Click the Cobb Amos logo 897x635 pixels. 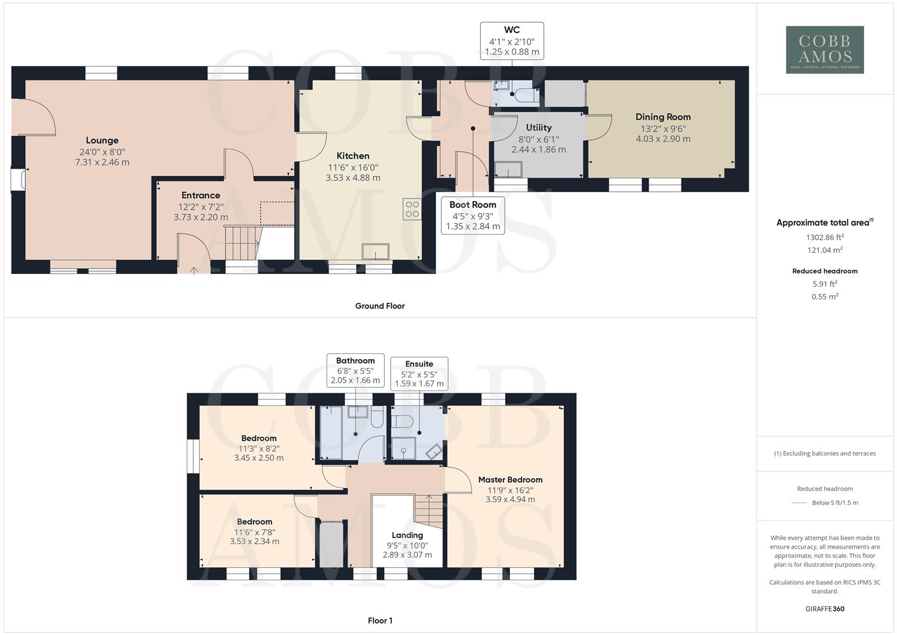click(x=825, y=49)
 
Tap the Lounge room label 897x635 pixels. click(x=102, y=141)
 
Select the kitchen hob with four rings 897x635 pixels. click(x=412, y=209)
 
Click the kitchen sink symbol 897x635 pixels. click(x=375, y=251)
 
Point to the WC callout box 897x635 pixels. click(x=512, y=41)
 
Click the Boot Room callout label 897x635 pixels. click(x=473, y=205)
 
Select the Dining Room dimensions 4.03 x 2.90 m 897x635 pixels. click(x=663, y=139)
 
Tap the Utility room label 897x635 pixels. click(x=539, y=128)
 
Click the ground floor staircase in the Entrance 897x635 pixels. click(x=242, y=242)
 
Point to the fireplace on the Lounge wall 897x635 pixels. click(x=19, y=180)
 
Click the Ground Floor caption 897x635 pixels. click(x=379, y=306)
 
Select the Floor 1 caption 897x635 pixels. click(x=379, y=620)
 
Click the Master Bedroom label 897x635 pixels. click(x=510, y=480)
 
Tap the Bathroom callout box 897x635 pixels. click(x=355, y=370)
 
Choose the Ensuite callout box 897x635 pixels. click(x=419, y=373)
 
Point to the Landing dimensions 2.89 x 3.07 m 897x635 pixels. click(x=407, y=555)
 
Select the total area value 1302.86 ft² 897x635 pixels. click(x=825, y=238)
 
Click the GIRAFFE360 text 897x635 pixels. click(x=825, y=609)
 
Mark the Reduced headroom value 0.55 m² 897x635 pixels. click(x=825, y=297)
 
